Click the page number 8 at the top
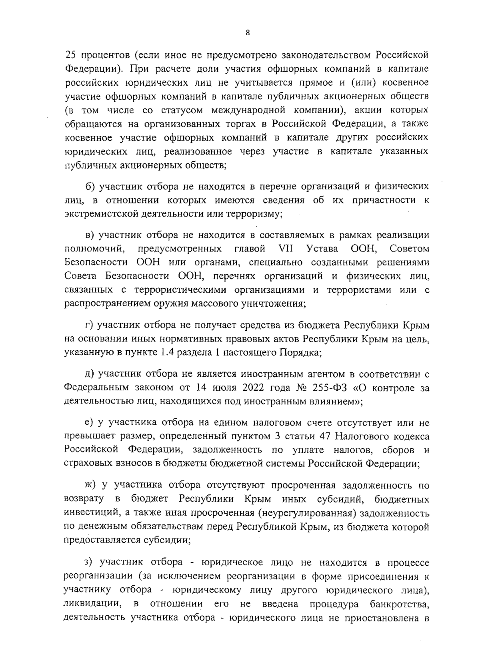(248, 33)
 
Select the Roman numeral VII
(286, 249)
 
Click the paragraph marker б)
(91, 186)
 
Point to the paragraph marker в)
(91, 235)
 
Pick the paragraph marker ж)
(92, 486)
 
